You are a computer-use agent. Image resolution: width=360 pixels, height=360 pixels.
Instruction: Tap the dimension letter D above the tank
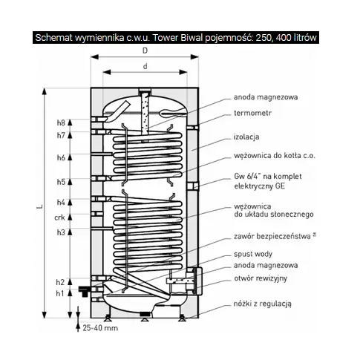[145, 50]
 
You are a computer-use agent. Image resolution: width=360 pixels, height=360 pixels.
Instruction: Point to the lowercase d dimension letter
[145, 66]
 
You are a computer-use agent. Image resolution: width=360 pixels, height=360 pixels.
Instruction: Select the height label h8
[61, 122]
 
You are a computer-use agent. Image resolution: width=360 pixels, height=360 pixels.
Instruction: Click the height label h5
[61, 182]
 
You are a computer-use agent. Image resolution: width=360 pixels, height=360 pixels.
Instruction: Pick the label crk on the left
[59, 217]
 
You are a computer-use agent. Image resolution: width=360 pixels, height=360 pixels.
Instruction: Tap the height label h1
[60, 293]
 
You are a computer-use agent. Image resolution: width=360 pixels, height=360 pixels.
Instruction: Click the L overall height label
[39, 206]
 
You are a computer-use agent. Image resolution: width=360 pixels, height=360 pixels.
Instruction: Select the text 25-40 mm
[100, 328]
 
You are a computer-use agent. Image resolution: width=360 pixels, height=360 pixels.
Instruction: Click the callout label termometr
[252, 113]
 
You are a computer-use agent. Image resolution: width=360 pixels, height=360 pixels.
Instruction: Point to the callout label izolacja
[246, 137]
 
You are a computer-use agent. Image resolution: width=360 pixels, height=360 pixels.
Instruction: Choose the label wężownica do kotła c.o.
[275, 156]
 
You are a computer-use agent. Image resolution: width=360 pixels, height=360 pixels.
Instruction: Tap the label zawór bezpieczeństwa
[272, 236]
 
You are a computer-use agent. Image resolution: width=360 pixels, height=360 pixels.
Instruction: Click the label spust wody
[253, 254]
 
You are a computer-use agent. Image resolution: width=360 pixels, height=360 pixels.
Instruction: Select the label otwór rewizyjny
[261, 278]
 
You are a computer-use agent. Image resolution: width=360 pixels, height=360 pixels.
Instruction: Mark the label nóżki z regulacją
[263, 304]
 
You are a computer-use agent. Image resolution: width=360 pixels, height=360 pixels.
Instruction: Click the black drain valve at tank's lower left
[85, 290]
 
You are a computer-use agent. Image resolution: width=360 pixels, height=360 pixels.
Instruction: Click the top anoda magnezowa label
[266, 97]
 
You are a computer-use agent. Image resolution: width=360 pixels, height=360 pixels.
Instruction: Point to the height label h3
[61, 232]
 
